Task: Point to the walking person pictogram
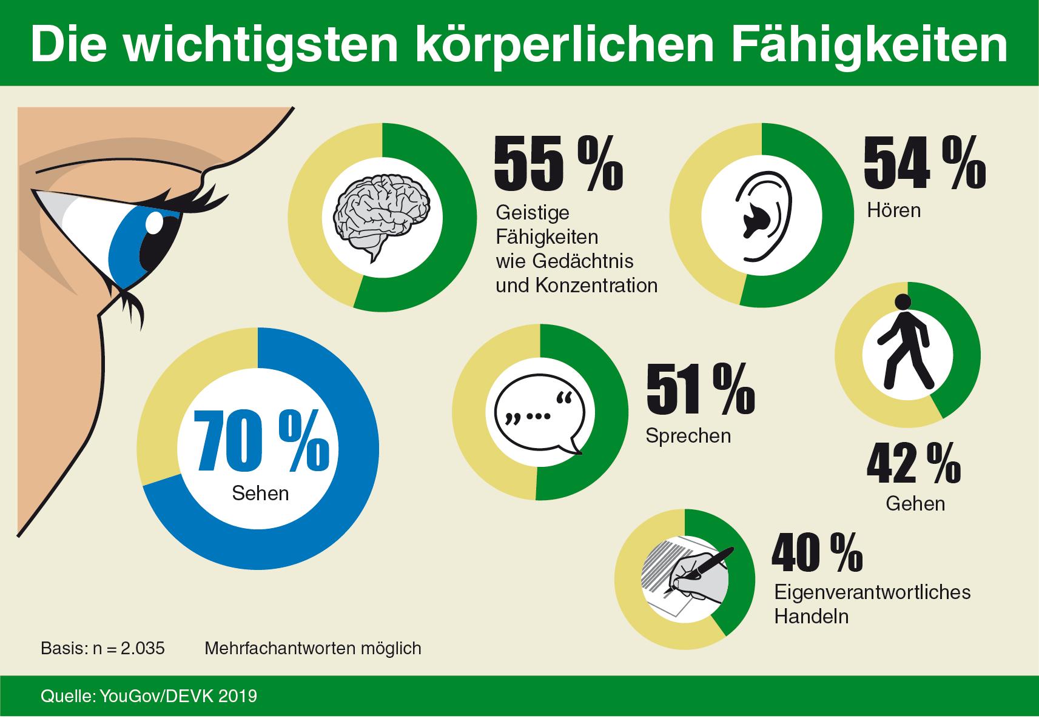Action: pyautogui.click(x=906, y=343)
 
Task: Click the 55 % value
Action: pyautogui.click(x=558, y=164)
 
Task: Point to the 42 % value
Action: pyautogui.click(x=913, y=464)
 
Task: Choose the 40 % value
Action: pyautogui.click(x=816, y=552)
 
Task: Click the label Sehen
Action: pyautogui.click(x=260, y=493)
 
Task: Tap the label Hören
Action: pyautogui.click(x=893, y=210)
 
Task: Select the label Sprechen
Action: pyautogui.click(x=688, y=436)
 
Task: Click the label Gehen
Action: pyautogui.click(x=915, y=503)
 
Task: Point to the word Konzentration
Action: pyautogui.click(x=597, y=285)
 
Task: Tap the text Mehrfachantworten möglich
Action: pyautogui.click(x=313, y=648)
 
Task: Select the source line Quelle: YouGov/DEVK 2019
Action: pyautogui.click(x=149, y=695)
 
